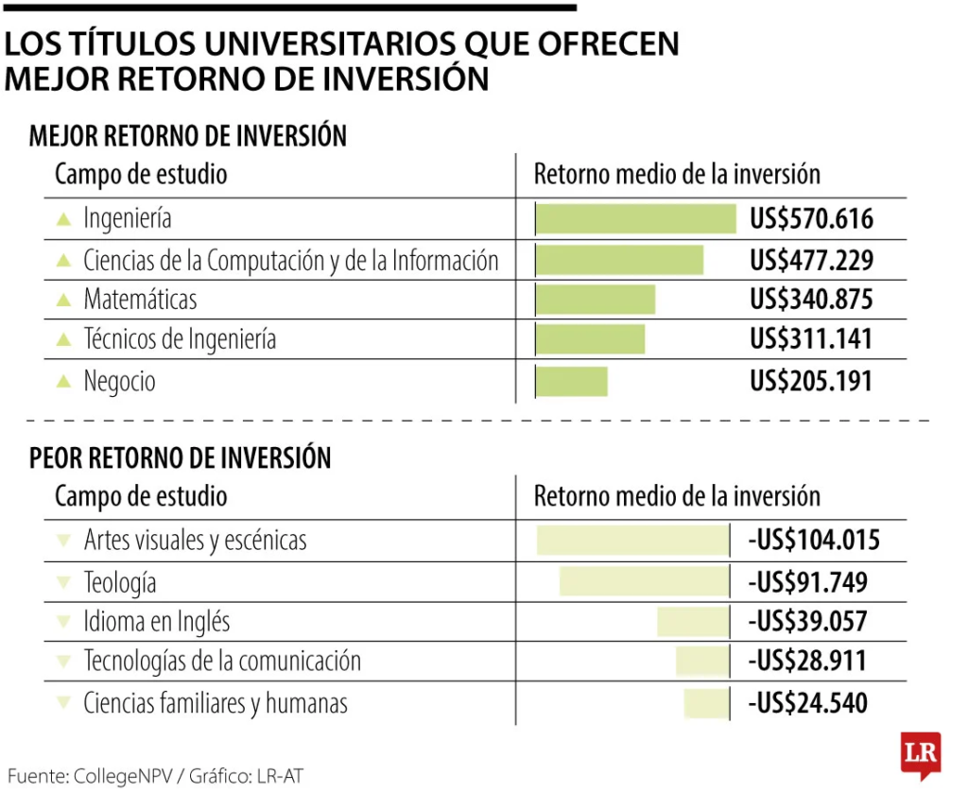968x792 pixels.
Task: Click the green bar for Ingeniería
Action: pos(635,218)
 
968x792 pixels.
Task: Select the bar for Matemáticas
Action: pos(595,300)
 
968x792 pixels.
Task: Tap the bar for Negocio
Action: pos(571,381)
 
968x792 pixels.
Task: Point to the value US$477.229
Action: pos(811,260)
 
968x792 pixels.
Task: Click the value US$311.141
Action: pos(811,339)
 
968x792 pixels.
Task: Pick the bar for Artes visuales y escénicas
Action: pos(632,540)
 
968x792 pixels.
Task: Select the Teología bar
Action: pos(644,581)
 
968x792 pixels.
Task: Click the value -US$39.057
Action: pos(807,621)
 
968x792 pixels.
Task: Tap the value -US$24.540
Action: pos(807,703)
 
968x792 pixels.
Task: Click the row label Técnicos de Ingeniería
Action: pos(180,339)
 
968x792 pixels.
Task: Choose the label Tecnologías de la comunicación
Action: pos(222,661)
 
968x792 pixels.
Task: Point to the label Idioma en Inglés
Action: pos(157,621)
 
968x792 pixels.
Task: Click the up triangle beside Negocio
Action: pos(63,382)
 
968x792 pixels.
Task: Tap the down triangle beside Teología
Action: pos(63,582)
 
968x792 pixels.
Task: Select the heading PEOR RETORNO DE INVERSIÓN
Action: pos(180,458)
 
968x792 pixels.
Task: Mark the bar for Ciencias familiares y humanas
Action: pos(706,703)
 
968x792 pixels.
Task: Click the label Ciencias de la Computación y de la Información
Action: pos(290,260)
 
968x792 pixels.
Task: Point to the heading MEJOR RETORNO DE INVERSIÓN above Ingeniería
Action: pos(188,136)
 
